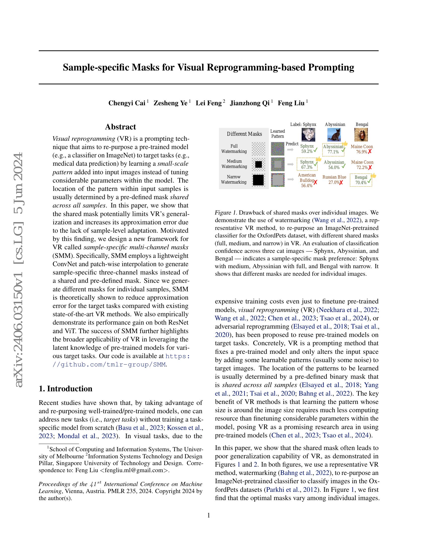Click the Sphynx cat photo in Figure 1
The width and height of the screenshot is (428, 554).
(x=308, y=135)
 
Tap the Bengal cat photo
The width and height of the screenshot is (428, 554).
(x=361, y=135)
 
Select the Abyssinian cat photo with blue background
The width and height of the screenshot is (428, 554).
(x=334, y=135)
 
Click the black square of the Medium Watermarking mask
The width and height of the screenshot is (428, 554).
(x=258, y=164)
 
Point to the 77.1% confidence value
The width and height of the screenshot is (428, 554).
(x=333, y=152)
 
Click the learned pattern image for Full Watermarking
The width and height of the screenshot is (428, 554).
(x=278, y=149)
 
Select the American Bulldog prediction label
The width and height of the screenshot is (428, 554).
(x=307, y=178)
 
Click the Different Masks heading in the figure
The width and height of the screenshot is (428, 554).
(x=244, y=134)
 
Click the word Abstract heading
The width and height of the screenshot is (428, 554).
(x=120, y=127)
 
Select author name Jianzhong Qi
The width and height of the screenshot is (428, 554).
(x=249, y=103)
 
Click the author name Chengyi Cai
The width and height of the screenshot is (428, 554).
(x=127, y=103)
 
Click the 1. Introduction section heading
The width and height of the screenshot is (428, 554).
(x=65, y=389)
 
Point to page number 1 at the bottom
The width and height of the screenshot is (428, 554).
(x=209, y=515)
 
